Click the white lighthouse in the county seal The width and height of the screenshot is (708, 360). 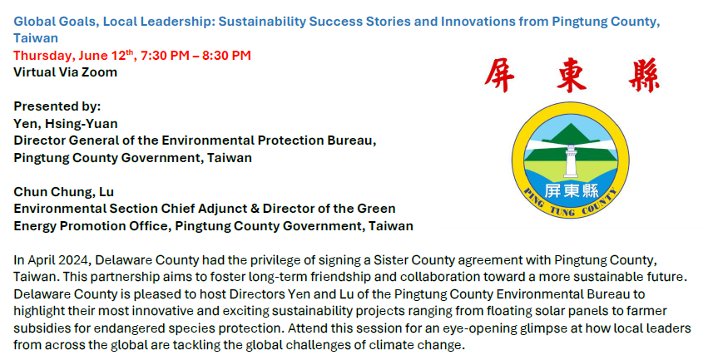coord(572,161)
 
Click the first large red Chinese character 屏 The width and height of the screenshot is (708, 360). coord(499,76)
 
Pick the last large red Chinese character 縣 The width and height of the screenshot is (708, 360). coord(644,76)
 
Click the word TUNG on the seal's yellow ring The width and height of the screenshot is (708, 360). coord(562,210)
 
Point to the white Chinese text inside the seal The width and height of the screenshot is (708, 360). coord(572,191)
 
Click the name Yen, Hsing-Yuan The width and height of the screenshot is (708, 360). coord(66,124)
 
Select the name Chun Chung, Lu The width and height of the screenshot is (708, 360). coord(64,192)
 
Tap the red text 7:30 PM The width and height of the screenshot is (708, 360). coord(165,56)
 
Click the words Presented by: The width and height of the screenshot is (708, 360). coord(57,106)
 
